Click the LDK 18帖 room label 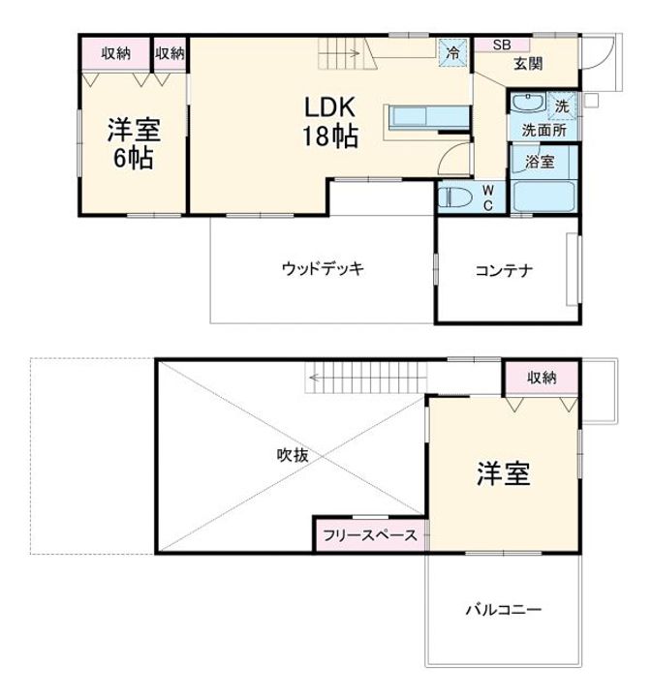pyautogui.click(x=330, y=121)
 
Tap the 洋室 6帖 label pyautogui.click(x=134, y=143)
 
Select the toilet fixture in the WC pyautogui.click(x=455, y=197)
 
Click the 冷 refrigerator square pyautogui.click(x=452, y=53)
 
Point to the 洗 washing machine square pyautogui.click(x=562, y=106)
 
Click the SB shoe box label pyautogui.click(x=502, y=45)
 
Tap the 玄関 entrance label pyautogui.click(x=528, y=64)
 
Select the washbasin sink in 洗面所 pyautogui.click(x=527, y=103)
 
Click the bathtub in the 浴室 pyautogui.click(x=543, y=197)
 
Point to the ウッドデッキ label pyautogui.click(x=323, y=268)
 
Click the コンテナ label pyautogui.click(x=504, y=270)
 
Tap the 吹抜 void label pyautogui.click(x=293, y=455)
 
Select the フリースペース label pyautogui.click(x=370, y=535)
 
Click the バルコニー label pyautogui.click(x=504, y=609)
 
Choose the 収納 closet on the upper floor pyautogui.click(x=542, y=379)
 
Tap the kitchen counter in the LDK pyautogui.click(x=429, y=117)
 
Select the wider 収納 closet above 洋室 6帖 pyautogui.click(x=115, y=54)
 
